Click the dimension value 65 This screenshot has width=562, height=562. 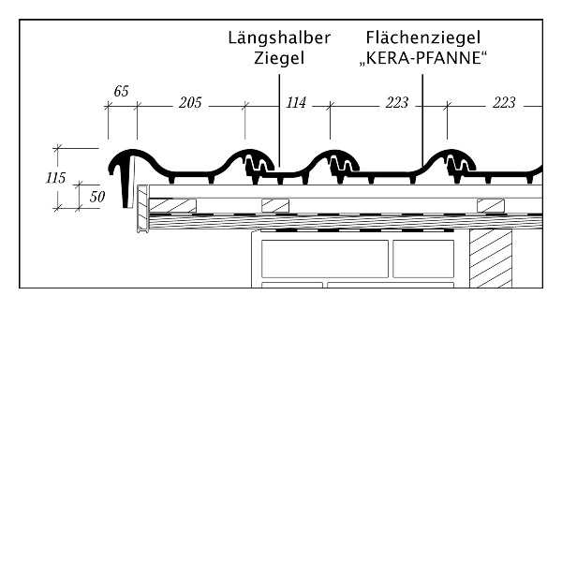(x=121, y=92)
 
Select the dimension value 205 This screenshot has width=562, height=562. (x=190, y=103)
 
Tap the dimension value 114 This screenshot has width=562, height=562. (x=296, y=103)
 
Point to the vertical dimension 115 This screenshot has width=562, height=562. (x=56, y=178)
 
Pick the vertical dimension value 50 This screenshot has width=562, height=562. (x=97, y=197)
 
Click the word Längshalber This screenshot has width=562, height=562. (x=279, y=37)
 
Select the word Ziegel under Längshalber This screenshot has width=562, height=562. (x=279, y=58)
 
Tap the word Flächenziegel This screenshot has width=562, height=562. (x=423, y=37)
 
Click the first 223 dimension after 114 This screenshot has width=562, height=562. (x=397, y=103)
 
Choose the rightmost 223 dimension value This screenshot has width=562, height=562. (x=504, y=103)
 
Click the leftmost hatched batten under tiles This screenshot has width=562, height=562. (x=172, y=205)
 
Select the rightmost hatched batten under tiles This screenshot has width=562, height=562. (x=491, y=206)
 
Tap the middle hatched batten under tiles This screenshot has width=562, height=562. (x=275, y=206)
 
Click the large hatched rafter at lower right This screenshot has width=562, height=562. (x=491, y=259)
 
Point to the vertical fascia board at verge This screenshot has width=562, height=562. (x=143, y=208)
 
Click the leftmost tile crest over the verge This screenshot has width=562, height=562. (x=133, y=152)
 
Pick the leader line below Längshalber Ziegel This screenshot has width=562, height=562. (x=279, y=121)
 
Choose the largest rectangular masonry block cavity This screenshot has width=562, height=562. (x=325, y=259)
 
